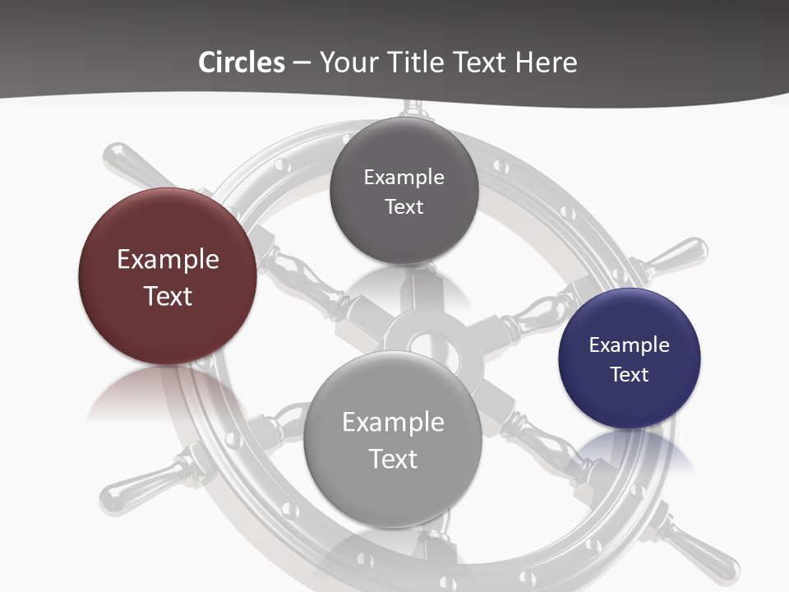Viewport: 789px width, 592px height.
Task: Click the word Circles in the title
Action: [241, 62]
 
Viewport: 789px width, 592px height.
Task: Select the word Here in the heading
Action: [546, 62]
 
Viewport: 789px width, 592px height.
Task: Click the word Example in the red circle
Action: [168, 260]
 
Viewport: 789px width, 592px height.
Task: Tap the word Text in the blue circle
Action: [630, 375]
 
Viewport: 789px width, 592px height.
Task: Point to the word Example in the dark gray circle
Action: [404, 178]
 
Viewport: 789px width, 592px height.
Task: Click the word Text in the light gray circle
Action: [393, 459]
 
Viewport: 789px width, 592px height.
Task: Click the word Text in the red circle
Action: [168, 296]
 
